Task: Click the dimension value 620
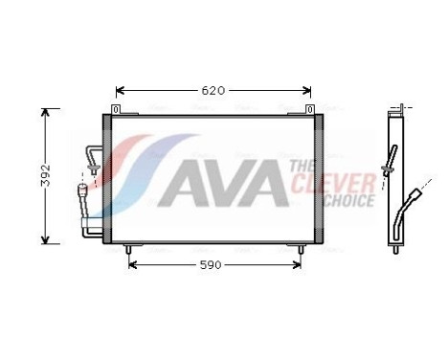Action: [212, 91]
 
